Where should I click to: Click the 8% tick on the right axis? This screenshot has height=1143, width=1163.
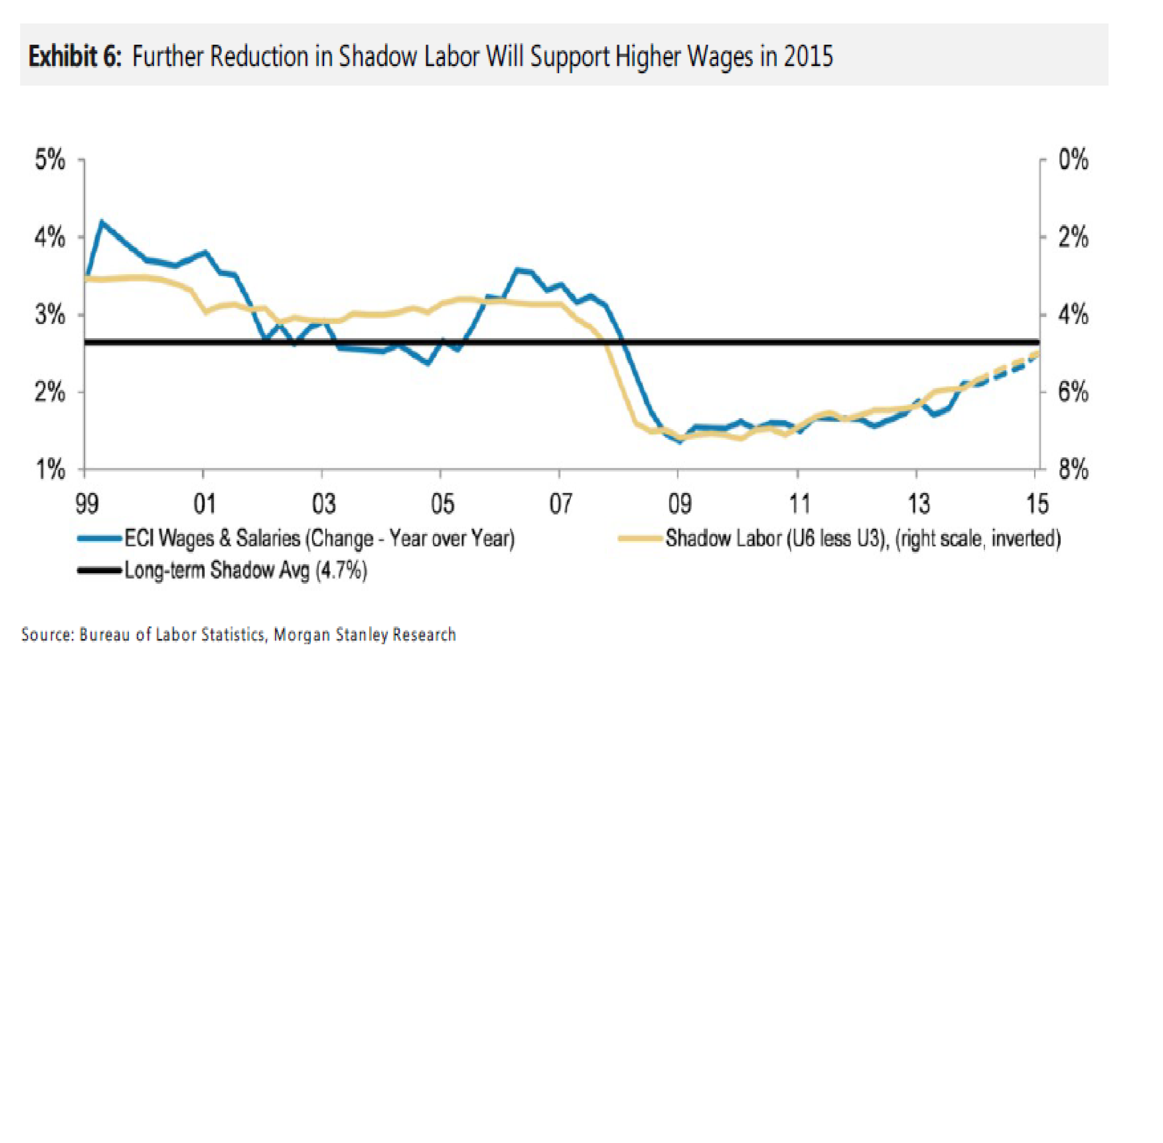click(1073, 469)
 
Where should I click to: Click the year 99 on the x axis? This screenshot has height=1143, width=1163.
click(87, 503)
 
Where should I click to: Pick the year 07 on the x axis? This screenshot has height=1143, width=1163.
click(560, 503)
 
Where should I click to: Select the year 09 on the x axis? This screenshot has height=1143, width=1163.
click(679, 503)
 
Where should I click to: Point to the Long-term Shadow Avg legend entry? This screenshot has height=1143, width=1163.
click(245, 570)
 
